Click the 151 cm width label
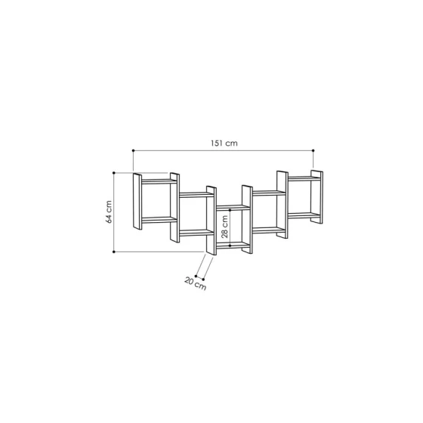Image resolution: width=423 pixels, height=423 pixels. pyautogui.click(x=224, y=143)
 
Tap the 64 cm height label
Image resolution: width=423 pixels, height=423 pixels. pyautogui.click(x=109, y=212)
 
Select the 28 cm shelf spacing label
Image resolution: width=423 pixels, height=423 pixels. pyautogui.click(x=224, y=227)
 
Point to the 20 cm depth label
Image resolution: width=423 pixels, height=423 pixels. pyautogui.click(x=196, y=283)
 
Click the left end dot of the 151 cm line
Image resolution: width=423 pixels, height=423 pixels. pyautogui.click(x=133, y=150)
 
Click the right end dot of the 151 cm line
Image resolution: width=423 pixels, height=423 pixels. pyautogui.click(x=313, y=150)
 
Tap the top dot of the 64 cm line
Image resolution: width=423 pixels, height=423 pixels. pyautogui.click(x=114, y=173)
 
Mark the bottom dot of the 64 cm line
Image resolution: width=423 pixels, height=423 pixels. pyautogui.click(x=114, y=252)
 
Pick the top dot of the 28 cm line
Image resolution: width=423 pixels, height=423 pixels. pyautogui.click(x=230, y=210)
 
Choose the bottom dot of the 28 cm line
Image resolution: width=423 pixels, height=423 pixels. pyautogui.click(x=230, y=245)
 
